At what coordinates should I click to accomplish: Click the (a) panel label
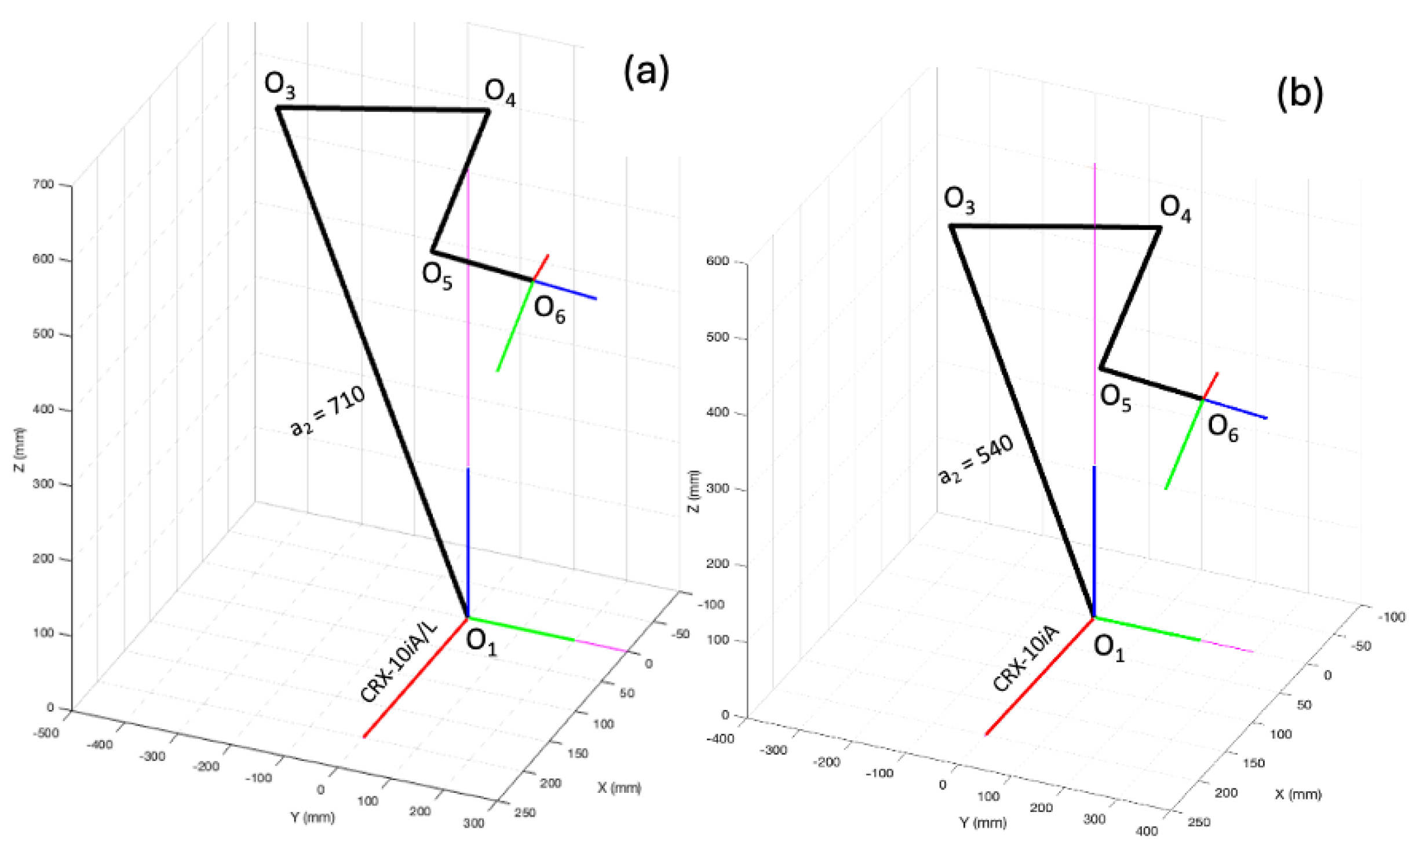[x=646, y=71]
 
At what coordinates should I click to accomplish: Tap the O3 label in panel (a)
[x=280, y=85]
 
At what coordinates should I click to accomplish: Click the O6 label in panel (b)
[x=1222, y=428]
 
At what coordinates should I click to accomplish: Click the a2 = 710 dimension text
[x=328, y=410]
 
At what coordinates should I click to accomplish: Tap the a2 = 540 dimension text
[x=976, y=459]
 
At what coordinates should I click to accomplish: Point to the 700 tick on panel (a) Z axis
[x=43, y=184]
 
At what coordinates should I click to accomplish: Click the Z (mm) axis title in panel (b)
[x=693, y=491]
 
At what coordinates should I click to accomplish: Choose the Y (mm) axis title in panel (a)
[x=312, y=817]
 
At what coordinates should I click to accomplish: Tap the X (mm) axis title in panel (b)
[x=1298, y=794]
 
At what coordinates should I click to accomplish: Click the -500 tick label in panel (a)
[x=46, y=733]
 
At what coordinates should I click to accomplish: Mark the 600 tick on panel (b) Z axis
[x=717, y=261]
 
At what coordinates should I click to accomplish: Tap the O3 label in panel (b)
[x=959, y=201]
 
